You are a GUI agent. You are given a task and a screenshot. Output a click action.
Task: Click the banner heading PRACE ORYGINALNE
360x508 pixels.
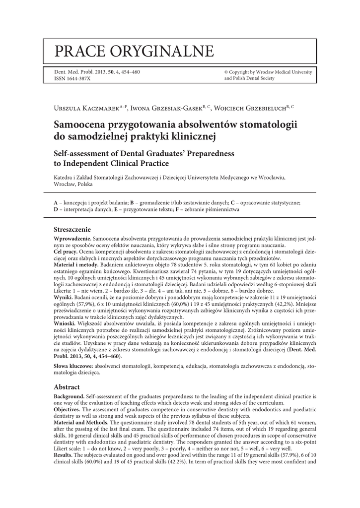coord(134,51)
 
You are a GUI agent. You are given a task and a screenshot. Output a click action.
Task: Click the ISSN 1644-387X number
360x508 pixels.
coord(72,79)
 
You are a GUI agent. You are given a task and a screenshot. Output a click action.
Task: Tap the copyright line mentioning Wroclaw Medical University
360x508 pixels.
coord(268,72)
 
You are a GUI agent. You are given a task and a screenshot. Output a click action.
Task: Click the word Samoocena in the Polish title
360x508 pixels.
coord(85,124)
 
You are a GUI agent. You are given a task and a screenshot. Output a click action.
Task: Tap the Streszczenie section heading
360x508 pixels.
coord(72,230)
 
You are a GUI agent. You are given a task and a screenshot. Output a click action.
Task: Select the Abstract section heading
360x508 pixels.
coord(67,387)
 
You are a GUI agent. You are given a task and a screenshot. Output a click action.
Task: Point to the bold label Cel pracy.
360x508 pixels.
coord(64,252)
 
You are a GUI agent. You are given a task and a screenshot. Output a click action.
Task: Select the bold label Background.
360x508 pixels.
coord(69,397)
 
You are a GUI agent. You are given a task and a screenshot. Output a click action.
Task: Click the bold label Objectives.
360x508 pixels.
coord(67,409)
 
